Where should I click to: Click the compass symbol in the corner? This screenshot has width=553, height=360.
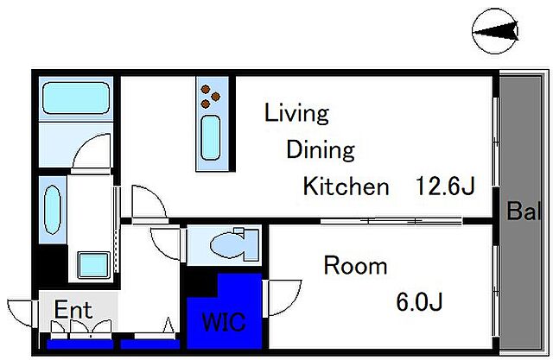click(495, 31)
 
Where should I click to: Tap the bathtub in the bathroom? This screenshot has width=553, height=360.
click(76, 98)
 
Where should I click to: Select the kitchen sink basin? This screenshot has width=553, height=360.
click(211, 138)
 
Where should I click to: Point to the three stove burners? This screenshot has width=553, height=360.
click(210, 97)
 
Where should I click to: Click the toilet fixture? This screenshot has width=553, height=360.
click(234, 243)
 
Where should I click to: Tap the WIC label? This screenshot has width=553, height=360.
click(224, 322)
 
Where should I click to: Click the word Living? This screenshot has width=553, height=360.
click(296, 113)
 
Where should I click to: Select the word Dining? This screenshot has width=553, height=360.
click(321, 150)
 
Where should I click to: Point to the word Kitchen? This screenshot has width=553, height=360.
click(346, 186)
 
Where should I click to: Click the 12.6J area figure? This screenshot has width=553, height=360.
click(446, 186)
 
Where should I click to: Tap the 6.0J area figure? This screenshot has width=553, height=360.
click(419, 302)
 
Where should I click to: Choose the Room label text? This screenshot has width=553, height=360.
click(355, 266)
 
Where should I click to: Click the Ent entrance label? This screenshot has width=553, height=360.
click(73, 310)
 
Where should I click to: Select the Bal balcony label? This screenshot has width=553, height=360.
click(524, 211)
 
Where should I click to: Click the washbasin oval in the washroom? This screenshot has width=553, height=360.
click(53, 210)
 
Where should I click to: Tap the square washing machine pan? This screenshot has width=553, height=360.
click(93, 265)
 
